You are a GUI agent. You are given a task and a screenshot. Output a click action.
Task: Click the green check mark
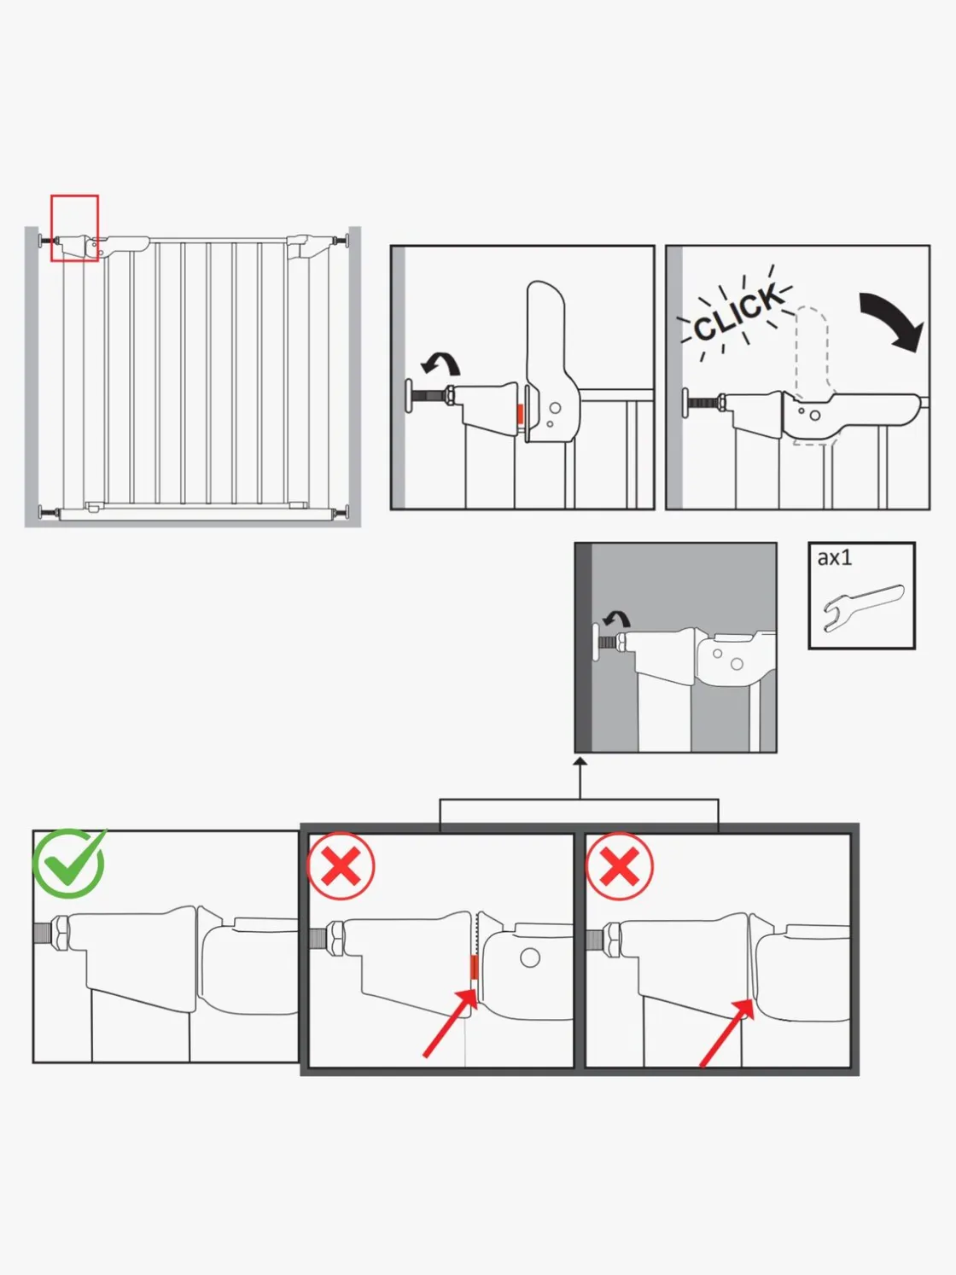click(68, 864)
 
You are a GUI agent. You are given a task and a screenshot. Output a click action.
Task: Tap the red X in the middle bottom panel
click(341, 866)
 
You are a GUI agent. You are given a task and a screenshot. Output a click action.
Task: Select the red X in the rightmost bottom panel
click(620, 866)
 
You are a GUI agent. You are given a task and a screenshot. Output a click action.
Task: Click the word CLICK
click(737, 312)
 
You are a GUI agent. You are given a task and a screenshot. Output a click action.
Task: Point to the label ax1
click(835, 557)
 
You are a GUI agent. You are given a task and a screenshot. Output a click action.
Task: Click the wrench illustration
click(863, 607)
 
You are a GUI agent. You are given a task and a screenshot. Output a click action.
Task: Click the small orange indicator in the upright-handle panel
click(520, 414)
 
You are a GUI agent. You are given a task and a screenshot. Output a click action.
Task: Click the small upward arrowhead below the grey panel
click(580, 761)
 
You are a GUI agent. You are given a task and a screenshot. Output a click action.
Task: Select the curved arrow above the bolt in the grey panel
click(615, 620)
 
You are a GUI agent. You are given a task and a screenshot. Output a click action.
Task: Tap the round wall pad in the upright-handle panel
click(410, 396)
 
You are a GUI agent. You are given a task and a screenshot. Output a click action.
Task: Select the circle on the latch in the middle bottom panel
click(530, 958)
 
